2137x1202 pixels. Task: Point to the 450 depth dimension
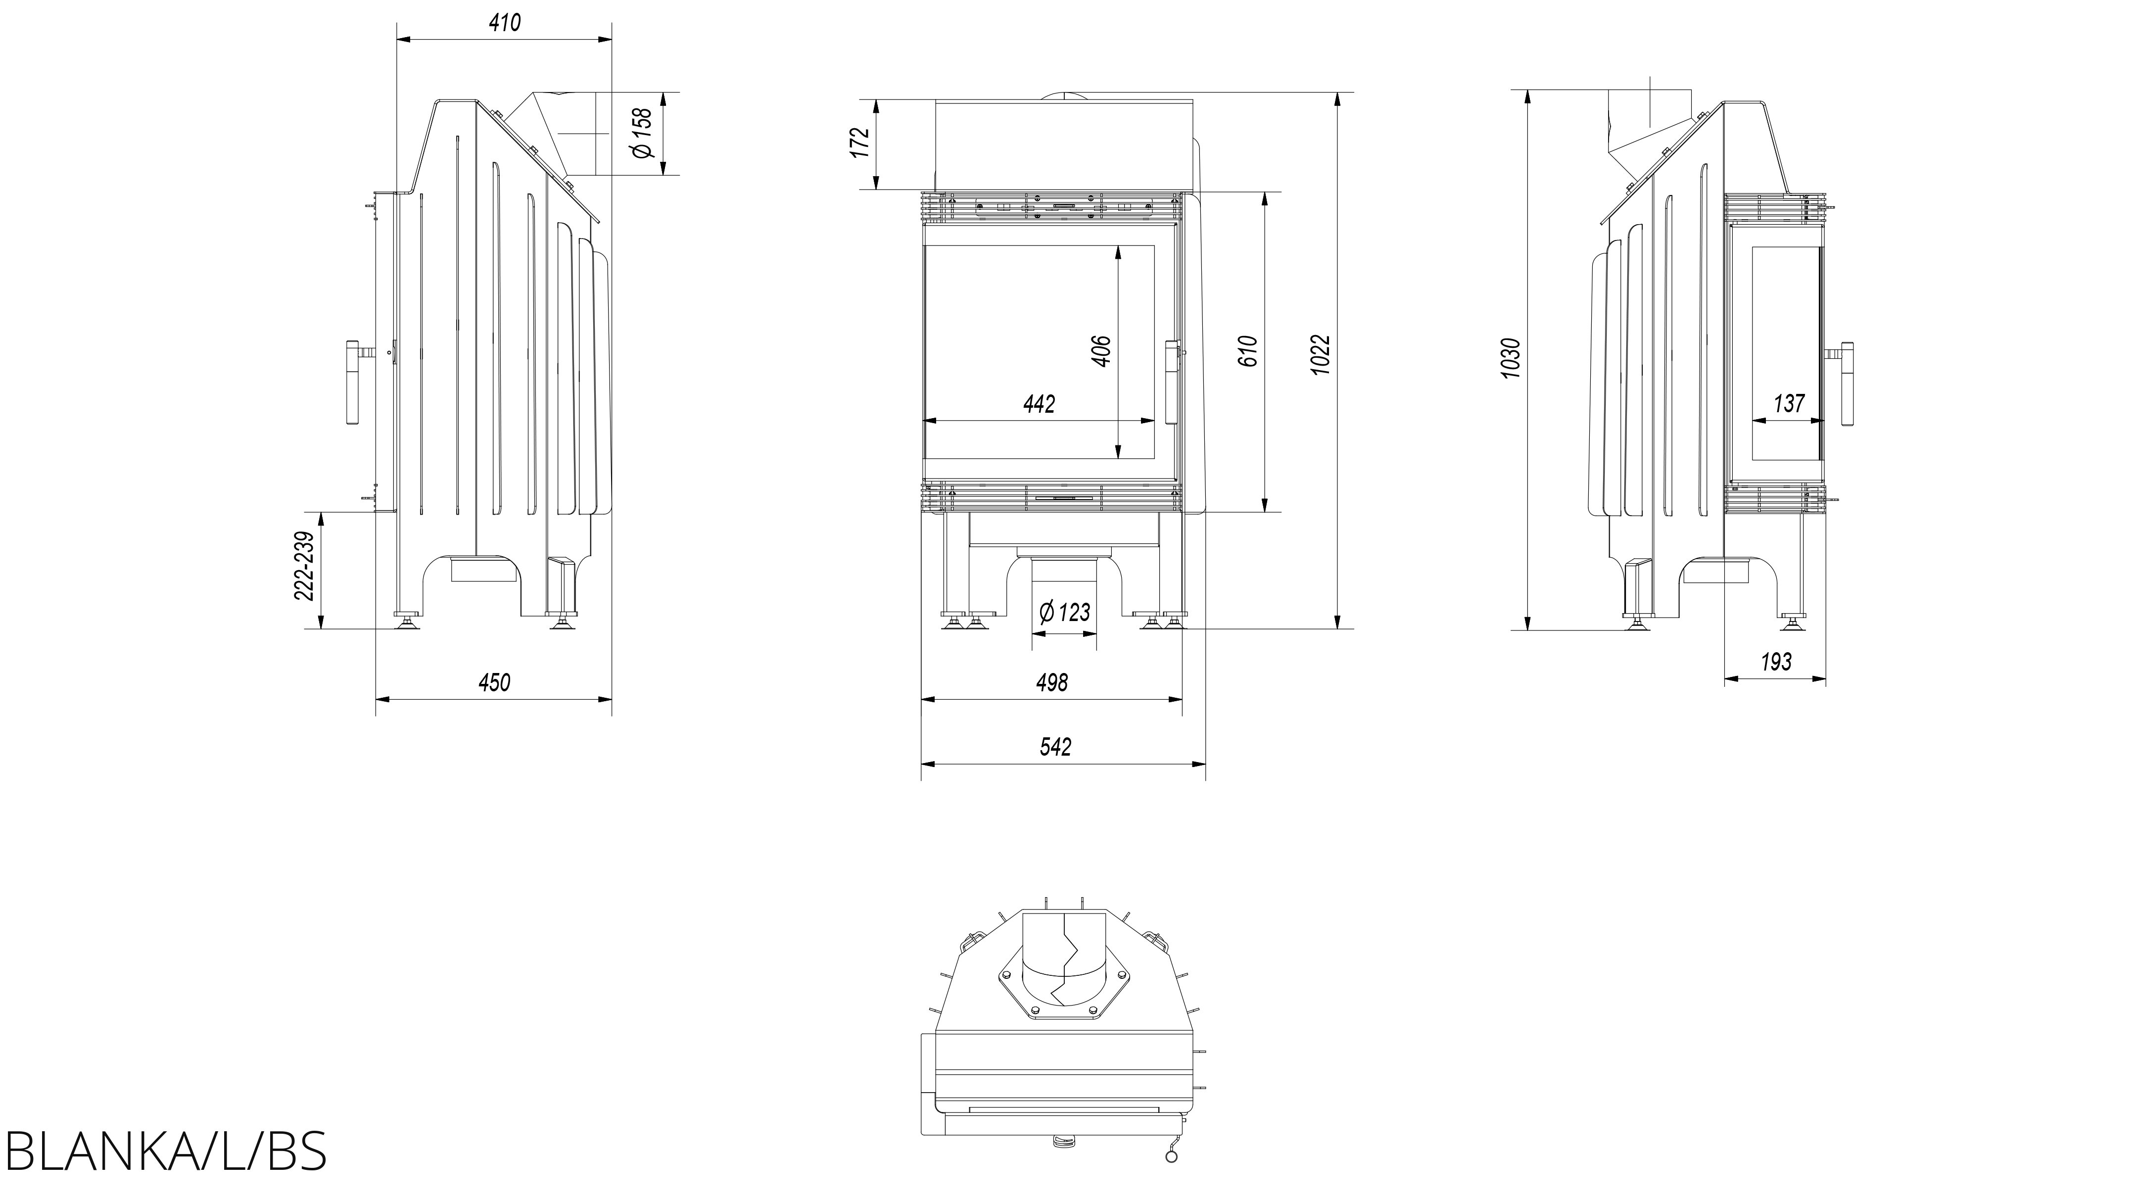point(494,683)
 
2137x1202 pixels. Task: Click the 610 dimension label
point(1248,351)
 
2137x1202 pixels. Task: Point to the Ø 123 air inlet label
point(1065,612)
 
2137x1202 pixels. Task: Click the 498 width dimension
point(1052,683)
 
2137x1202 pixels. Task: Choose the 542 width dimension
point(1055,747)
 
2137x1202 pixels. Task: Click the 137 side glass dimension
point(1789,404)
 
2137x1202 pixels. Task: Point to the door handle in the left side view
point(353,383)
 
